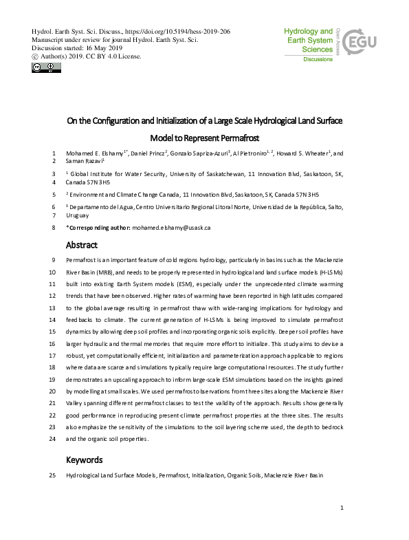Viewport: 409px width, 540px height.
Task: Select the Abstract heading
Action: click(82, 245)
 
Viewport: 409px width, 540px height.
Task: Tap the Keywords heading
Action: click(85, 459)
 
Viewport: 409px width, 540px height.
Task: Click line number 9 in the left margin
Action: click(54, 261)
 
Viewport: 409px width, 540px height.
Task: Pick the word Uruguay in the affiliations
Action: click(77, 215)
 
